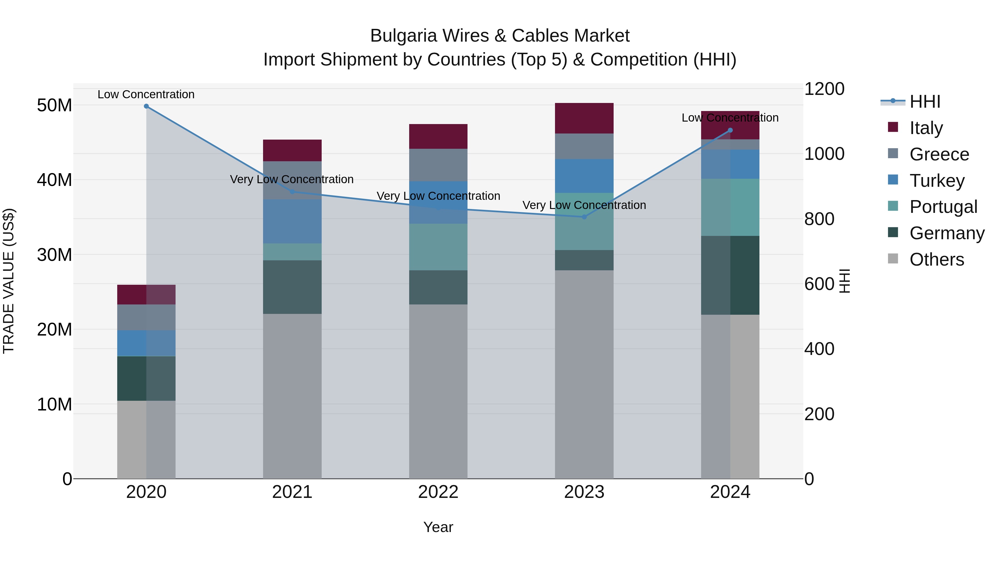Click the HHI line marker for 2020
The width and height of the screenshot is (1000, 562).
click(x=146, y=106)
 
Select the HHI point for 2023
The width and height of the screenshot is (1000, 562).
click(x=584, y=217)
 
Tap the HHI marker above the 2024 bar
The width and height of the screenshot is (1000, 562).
click(x=730, y=130)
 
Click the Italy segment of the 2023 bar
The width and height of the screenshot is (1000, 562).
click(x=584, y=118)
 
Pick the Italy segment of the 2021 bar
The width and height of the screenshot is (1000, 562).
click(x=292, y=150)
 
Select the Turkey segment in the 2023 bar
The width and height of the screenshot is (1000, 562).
click(x=584, y=176)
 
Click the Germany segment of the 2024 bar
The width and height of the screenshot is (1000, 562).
click(x=730, y=275)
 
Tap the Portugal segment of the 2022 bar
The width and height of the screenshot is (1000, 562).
click(x=438, y=247)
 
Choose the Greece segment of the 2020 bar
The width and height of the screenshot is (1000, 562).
click(x=146, y=317)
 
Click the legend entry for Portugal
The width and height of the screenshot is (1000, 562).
click(x=943, y=207)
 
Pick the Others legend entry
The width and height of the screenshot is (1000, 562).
click(x=936, y=259)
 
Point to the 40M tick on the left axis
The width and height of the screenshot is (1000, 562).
click(x=54, y=180)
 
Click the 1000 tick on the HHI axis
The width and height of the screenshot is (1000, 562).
click(x=824, y=154)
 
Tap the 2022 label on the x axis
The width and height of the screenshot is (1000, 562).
click(x=438, y=492)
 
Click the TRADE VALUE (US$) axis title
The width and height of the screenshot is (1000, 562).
click(x=9, y=281)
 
